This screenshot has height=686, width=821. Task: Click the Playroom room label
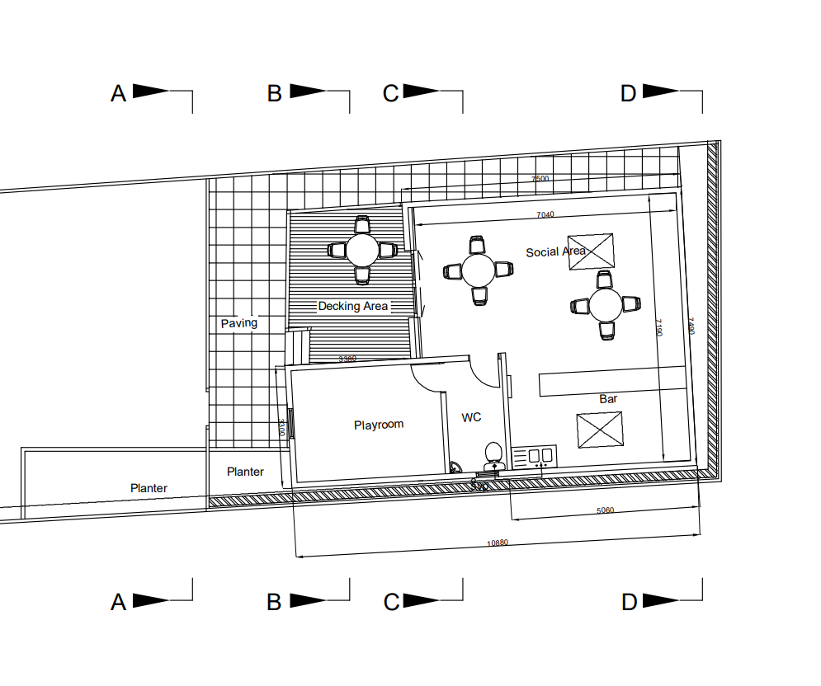click(379, 425)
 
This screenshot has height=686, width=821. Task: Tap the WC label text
click(471, 418)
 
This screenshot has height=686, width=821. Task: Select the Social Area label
click(555, 251)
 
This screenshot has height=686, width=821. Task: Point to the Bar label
click(608, 399)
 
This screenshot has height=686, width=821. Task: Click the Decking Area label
click(353, 306)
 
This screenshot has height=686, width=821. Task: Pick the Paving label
click(239, 323)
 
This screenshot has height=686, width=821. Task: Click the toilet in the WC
click(493, 453)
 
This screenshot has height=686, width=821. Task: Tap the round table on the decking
click(362, 249)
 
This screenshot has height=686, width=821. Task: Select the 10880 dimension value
click(497, 543)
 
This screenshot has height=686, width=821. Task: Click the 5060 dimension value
click(605, 510)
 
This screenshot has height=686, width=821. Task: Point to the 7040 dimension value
click(545, 215)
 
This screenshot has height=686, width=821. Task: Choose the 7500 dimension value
click(540, 179)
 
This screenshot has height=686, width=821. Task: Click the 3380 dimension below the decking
click(348, 359)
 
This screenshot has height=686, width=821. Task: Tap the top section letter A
click(119, 94)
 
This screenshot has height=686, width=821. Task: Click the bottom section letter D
click(630, 603)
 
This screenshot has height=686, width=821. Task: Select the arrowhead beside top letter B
click(308, 92)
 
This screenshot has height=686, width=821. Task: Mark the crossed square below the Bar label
click(599, 430)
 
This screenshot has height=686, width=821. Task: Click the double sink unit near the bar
click(535, 456)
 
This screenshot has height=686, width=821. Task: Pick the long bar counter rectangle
click(611, 382)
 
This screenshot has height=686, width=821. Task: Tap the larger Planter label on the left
click(149, 488)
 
